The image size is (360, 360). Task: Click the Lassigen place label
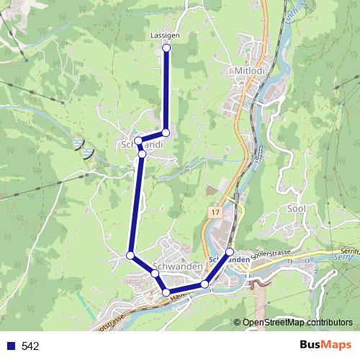[166, 35]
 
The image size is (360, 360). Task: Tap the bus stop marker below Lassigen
[166, 48]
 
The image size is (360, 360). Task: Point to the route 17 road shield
[216, 213]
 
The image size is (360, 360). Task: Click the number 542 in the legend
[31, 346]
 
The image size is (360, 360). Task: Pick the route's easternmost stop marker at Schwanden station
[230, 251]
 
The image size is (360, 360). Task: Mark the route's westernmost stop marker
[130, 255]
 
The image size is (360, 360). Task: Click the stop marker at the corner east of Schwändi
[166, 132]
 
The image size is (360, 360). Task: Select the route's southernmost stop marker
[166, 292]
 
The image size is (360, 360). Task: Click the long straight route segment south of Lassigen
[166, 90]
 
